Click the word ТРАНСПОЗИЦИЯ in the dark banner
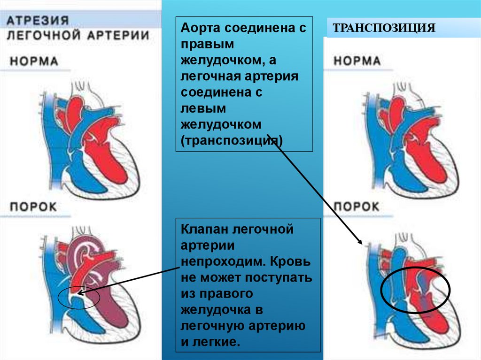(x=384, y=28)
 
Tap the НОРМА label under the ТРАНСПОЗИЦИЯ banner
(x=357, y=61)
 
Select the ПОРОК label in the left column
(x=34, y=206)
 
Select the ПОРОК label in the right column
(x=357, y=207)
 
